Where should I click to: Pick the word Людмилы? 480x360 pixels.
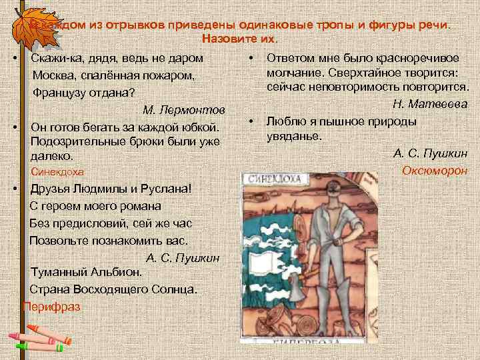tap(93, 189)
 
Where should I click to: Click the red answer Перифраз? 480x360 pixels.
tap(51, 307)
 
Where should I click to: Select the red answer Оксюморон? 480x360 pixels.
tap(435, 171)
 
